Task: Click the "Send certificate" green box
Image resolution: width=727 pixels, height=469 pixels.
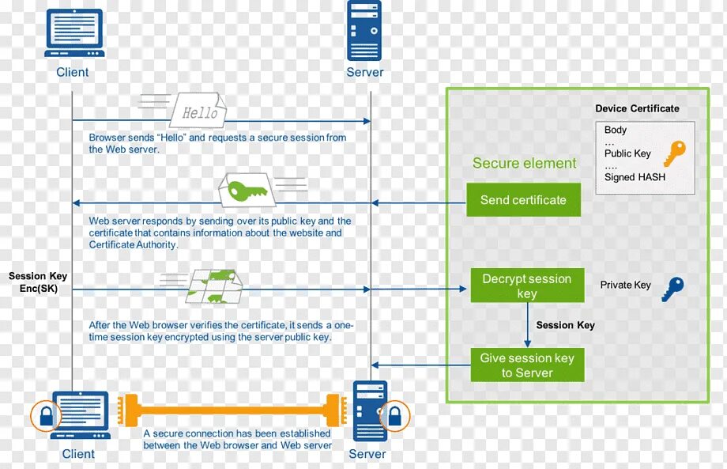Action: pos(523,200)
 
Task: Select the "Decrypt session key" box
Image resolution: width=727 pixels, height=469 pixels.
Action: pos(527,286)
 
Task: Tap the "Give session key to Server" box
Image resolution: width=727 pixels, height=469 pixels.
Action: pos(527,365)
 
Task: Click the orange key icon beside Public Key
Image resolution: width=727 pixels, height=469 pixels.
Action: pos(674,153)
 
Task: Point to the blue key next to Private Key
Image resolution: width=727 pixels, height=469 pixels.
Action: pos(672,289)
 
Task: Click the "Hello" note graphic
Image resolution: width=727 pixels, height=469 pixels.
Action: pos(198,112)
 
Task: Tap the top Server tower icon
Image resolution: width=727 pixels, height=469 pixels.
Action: pos(364,31)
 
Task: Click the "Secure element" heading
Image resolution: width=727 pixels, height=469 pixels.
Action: pos(525,164)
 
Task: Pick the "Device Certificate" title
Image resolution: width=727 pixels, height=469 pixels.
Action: pos(637,108)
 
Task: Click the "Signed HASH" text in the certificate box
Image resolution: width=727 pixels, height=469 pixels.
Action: pos(635,177)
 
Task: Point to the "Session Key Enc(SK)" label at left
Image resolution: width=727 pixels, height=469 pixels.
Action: pos(38,282)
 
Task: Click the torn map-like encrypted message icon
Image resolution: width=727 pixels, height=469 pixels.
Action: pos(213,286)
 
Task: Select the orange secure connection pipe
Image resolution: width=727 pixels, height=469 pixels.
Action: pos(233,410)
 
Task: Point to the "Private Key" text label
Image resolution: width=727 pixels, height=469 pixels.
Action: pos(625,285)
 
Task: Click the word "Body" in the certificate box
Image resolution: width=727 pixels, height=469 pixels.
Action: pos(616,130)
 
